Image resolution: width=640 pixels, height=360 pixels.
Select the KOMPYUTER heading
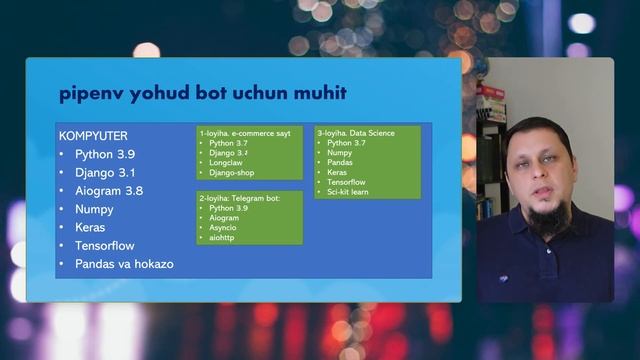(x=93, y=135)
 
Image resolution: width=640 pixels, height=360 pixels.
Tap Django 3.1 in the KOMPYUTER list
(x=104, y=173)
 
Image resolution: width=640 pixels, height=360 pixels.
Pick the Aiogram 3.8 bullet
(x=109, y=191)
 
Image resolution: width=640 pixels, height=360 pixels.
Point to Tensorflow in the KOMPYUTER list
(x=104, y=246)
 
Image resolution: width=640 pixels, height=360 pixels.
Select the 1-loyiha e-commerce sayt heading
(x=244, y=133)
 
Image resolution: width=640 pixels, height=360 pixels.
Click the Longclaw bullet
(x=228, y=163)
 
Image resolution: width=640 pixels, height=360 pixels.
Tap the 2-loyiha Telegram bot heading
(x=239, y=198)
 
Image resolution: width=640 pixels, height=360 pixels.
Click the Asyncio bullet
(x=226, y=228)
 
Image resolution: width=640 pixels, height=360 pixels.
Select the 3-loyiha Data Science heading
(x=356, y=133)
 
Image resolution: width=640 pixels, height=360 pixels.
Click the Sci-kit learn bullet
(x=348, y=191)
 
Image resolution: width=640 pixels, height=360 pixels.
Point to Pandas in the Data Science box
(x=341, y=162)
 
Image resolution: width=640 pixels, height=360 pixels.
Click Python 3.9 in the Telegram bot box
(x=229, y=208)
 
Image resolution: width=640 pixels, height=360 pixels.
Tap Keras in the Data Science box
(x=338, y=172)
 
